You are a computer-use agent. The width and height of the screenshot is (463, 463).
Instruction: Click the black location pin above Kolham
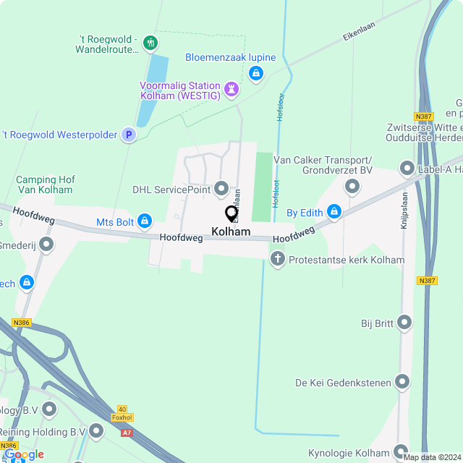pyautogui.click(x=231, y=213)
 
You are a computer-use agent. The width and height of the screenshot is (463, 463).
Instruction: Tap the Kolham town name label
pyautogui.click(x=231, y=232)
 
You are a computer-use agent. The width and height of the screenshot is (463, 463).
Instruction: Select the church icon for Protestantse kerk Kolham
pyautogui.click(x=277, y=259)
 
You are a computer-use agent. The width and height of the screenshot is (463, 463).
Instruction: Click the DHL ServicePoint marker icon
pyautogui.click(x=221, y=190)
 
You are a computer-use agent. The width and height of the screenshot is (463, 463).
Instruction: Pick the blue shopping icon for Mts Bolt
pyautogui.click(x=145, y=220)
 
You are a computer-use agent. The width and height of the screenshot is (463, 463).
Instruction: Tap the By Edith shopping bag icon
pyautogui.click(x=334, y=212)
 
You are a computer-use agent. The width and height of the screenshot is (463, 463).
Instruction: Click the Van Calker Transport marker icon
pyautogui.click(x=352, y=187)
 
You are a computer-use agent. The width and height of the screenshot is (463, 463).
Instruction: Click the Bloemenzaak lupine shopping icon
pyautogui.click(x=255, y=73)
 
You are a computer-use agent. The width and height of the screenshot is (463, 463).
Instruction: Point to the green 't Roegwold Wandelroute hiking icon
pyautogui.click(x=150, y=43)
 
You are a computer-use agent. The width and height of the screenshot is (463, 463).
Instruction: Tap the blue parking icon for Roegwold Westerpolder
pyautogui.click(x=128, y=135)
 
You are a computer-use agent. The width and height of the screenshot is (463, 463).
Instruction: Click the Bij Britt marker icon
pyautogui.click(x=404, y=323)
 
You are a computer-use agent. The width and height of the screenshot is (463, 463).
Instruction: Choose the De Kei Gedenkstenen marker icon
pyautogui.click(x=402, y=381)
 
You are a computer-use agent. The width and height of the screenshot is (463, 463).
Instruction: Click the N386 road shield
pyautogui.click(x=22, y=323)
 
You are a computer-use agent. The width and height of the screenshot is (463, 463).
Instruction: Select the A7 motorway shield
pyautogui.click(x=127, y=433)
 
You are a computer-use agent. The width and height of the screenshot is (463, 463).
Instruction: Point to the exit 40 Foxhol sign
pyautogui.click(x=122, y=413)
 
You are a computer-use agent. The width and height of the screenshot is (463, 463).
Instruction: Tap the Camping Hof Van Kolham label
pyautogui.click(x=44, y=184)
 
